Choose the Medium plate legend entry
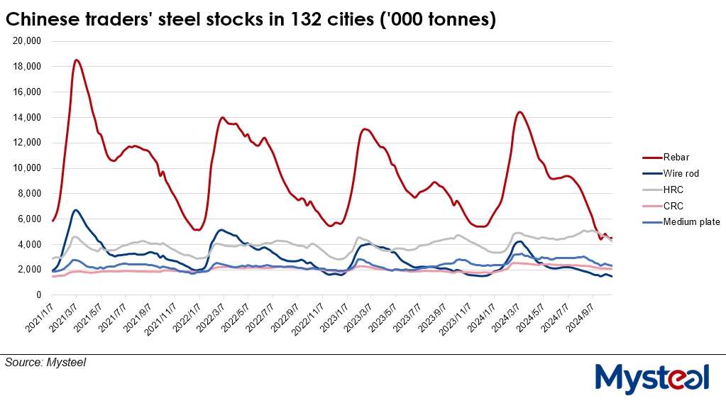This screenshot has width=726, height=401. (691, 222)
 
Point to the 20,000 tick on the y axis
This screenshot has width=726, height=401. (28, 41)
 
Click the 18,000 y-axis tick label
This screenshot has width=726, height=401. (28, 67)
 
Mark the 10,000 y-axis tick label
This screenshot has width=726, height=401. (28, 168)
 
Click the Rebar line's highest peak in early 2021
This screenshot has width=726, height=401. (77, 60)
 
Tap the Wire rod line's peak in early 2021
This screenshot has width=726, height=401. (75, 210)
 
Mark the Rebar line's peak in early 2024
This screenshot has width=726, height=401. (519, 112)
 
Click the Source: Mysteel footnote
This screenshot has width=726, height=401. (45, 363)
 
